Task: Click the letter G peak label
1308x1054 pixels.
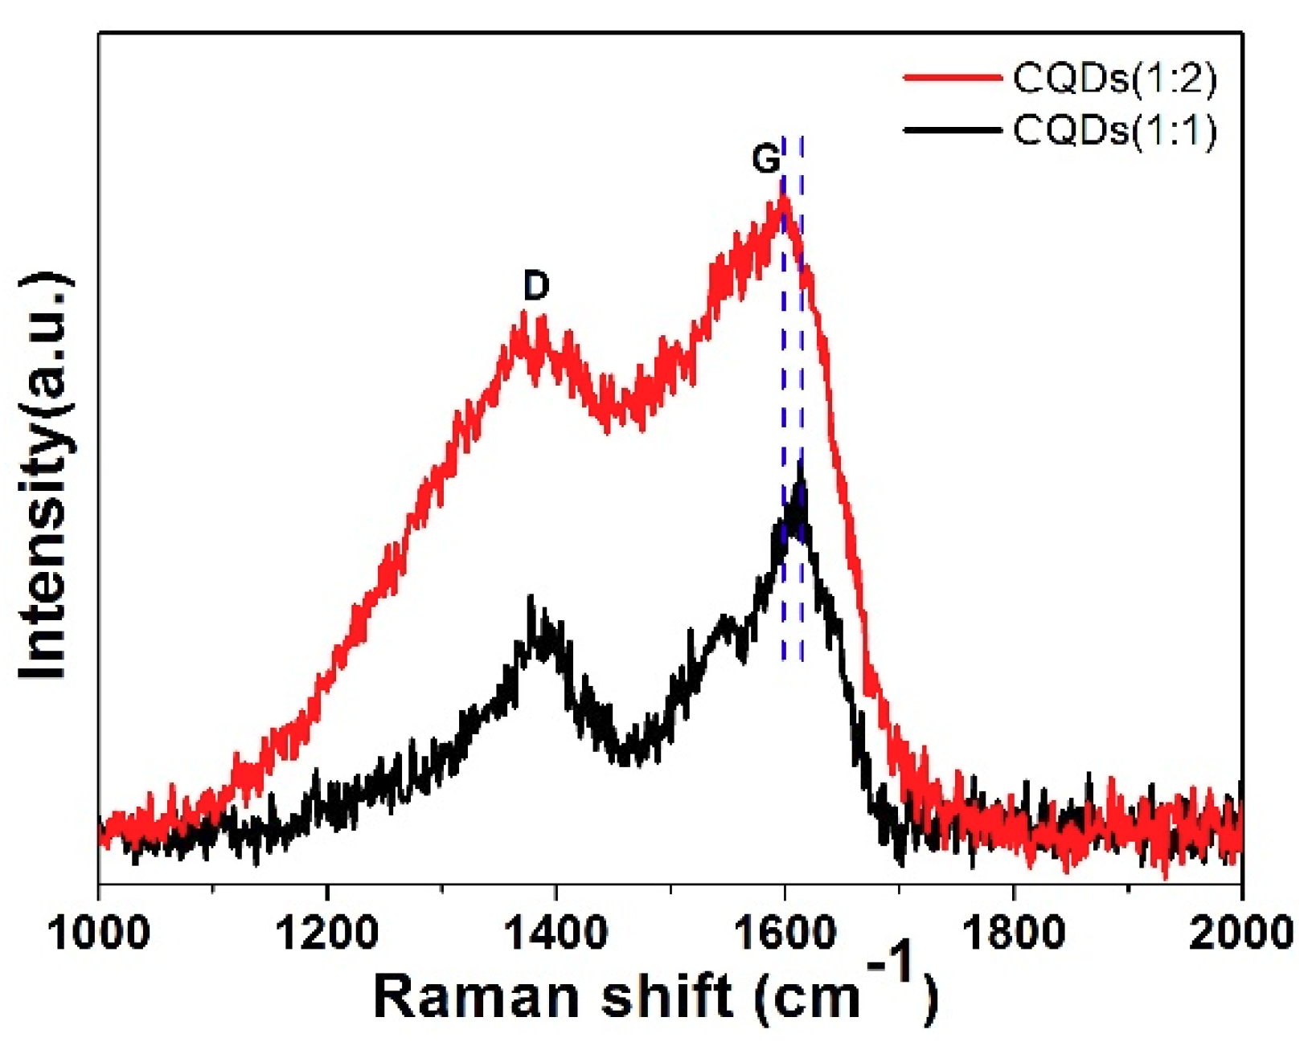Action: pyautogui.click(x=765, y=159)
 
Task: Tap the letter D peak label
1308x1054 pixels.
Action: pyautogui.click(x=536, y=285)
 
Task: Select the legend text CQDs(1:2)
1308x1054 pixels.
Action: pyautogui.click(x=1114, y=78)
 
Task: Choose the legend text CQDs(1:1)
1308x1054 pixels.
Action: pyautogui.click(x=1114, y=130)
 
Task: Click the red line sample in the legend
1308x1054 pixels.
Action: pyautogui.click(x=953, y=78)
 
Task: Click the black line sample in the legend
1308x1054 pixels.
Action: pyautogui.click(x=953, y=129)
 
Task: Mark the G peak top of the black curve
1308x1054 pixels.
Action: pyautogui.click(x=800, y=464)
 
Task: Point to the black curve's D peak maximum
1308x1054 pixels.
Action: pyautogui.click(x=531, y=598)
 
